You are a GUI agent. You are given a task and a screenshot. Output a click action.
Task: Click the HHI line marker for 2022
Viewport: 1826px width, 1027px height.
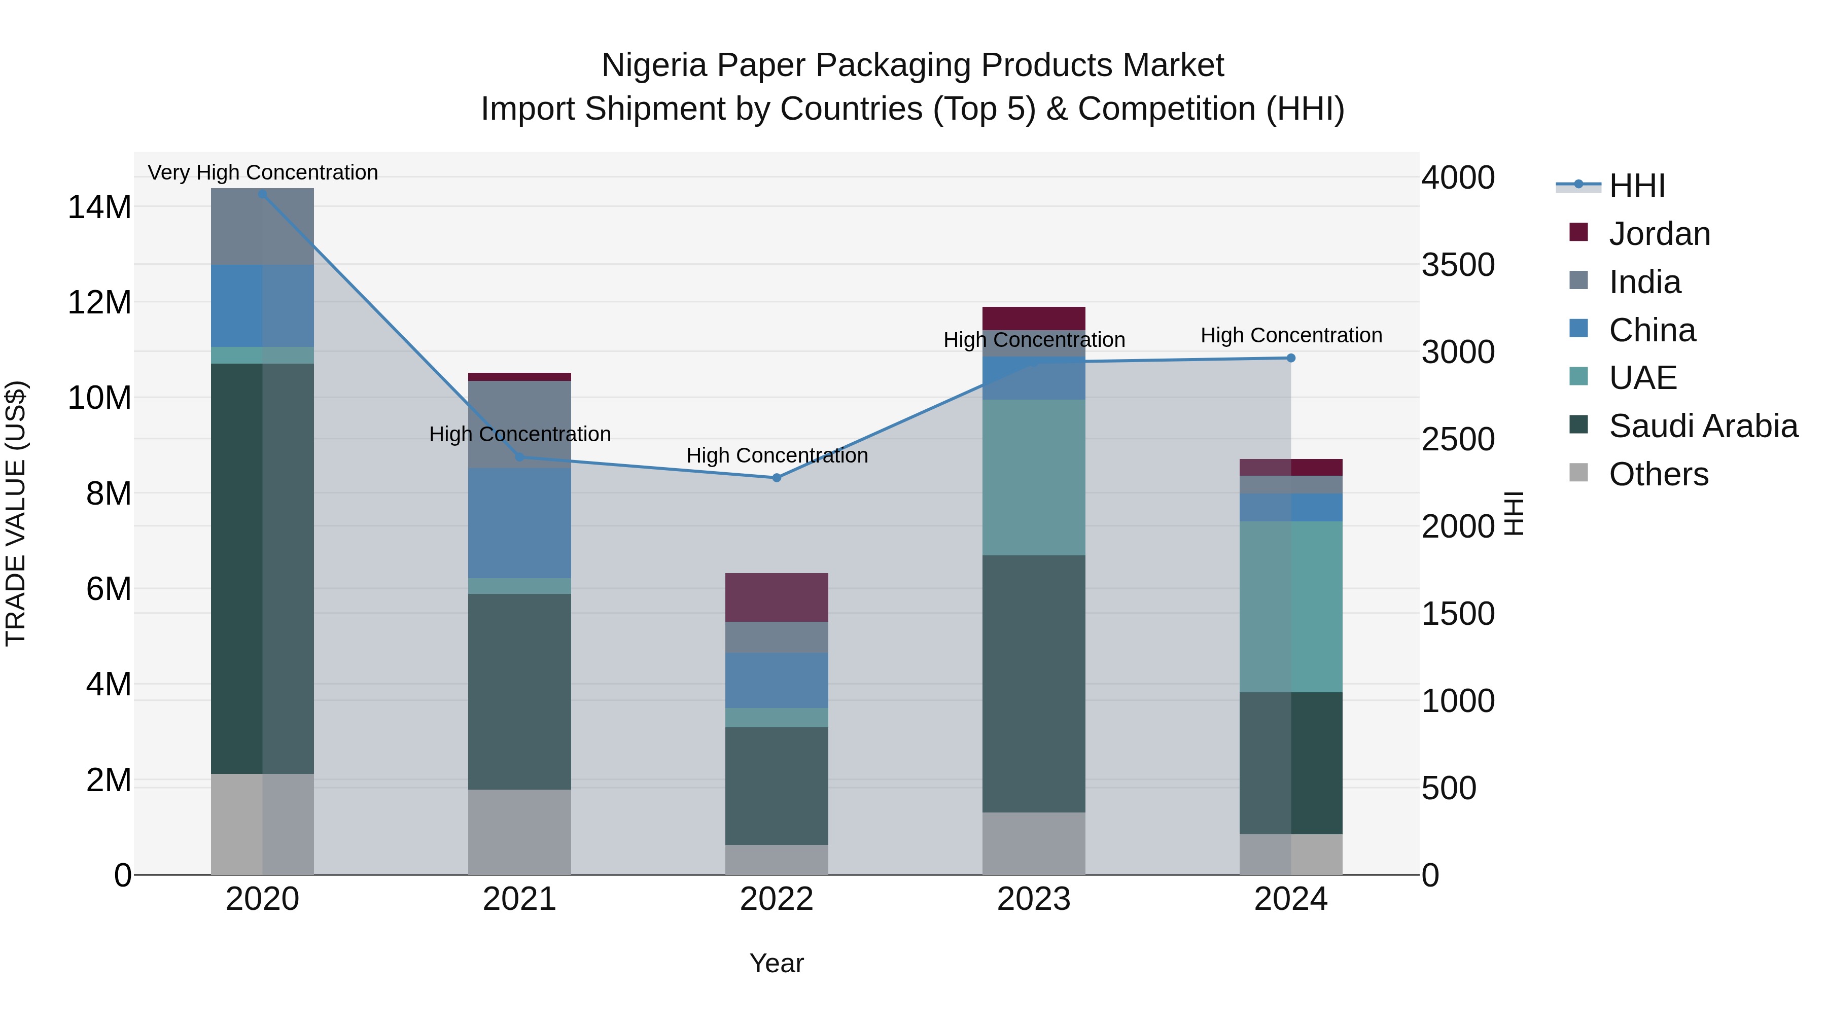[776, 478]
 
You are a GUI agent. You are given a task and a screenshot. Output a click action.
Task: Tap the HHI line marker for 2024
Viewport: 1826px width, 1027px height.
[1291, 358]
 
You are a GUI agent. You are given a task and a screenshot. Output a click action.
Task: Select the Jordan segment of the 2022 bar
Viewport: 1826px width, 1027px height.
[776, 597]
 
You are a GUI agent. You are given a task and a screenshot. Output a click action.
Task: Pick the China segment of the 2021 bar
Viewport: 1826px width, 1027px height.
[519, 522]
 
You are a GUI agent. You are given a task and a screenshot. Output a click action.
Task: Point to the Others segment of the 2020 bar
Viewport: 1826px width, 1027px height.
[262, 824]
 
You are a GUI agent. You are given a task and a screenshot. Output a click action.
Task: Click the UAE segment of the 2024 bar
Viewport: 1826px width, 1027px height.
[1291, 607]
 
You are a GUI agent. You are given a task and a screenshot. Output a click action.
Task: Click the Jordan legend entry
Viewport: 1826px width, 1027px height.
[1659, 234]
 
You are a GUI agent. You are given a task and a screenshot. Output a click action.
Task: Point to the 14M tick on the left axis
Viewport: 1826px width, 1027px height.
[99, 207]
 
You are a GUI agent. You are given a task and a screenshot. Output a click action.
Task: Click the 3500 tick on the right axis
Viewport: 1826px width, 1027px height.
[1458, 265]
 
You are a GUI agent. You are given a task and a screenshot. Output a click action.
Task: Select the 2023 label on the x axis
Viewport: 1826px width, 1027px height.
[1034, 899]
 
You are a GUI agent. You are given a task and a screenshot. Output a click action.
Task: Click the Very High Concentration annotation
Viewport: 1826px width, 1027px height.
[262, 172]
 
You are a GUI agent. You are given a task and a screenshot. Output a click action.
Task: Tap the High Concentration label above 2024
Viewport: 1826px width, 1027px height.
[1291, 335]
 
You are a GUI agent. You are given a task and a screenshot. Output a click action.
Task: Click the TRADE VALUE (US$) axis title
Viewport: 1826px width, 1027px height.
[16, 513]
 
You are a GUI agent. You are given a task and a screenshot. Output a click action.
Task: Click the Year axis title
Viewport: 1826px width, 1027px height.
[776, 963]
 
